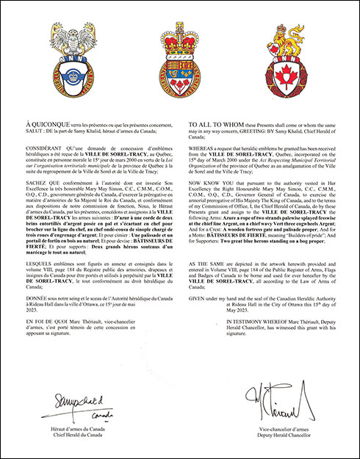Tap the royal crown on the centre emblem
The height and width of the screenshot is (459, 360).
coord(180,40)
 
